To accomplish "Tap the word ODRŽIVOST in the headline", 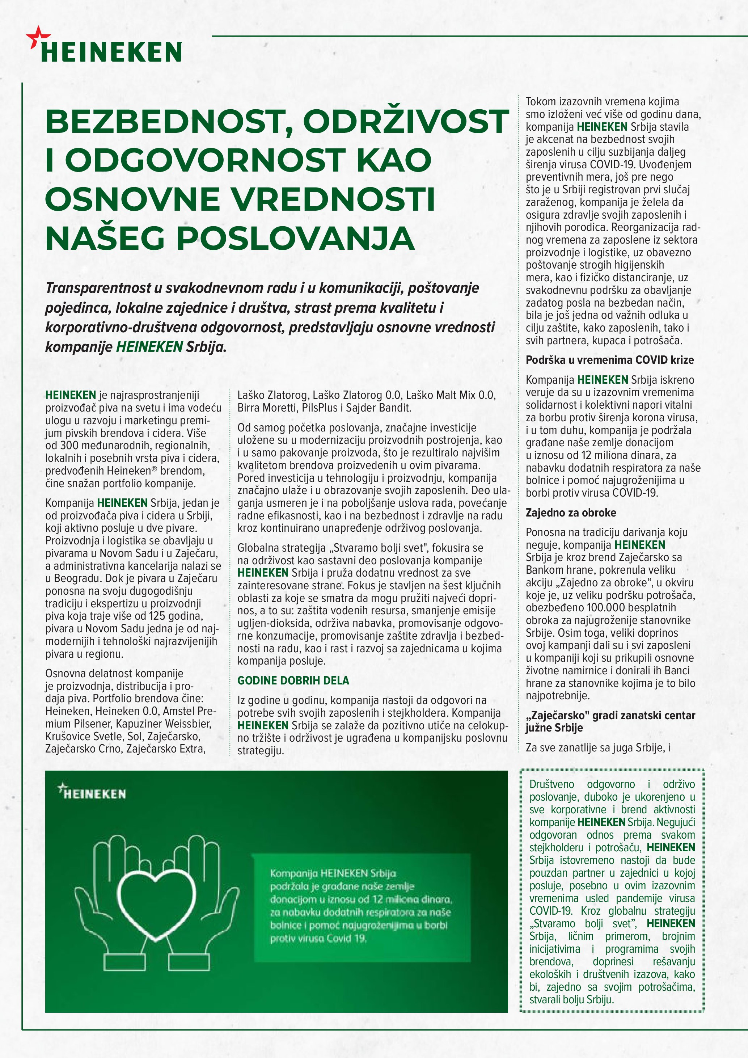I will pyautogui.click(x=406, y=121).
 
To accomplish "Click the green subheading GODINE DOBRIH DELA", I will pyautogui.click(x=293, y=680).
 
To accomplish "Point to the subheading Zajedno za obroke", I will pyautogui.click(x=571, y=513).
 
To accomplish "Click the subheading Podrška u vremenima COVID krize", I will pyautogui.click(x=609, y=360).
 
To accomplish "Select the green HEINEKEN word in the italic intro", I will pyautogui.click(x=149, y=346).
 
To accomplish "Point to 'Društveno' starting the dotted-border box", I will pyautogui.click(x=552, y=784).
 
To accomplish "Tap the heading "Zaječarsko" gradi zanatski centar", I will pyautogui.click(x=610, y=715).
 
